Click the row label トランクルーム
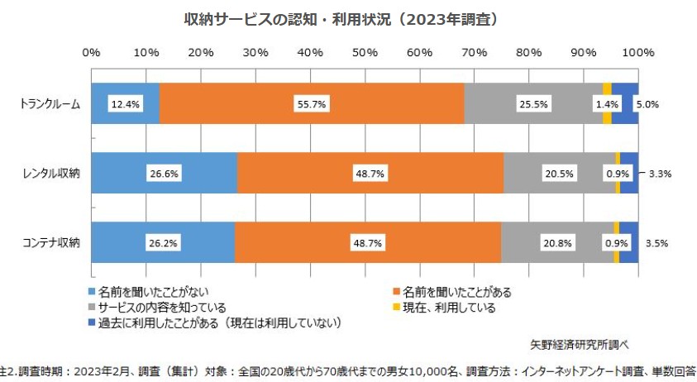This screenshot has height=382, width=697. tap(50, 104)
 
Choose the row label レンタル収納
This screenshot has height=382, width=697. tap(52, 174)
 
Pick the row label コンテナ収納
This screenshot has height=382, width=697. tap(52, 243)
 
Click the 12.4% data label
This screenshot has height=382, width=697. tap(122, 104)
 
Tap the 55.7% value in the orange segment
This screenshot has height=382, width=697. tap(311, 104)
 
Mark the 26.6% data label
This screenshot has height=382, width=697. tap(164, 174)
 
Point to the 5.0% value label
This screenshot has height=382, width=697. tap(647, 104)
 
